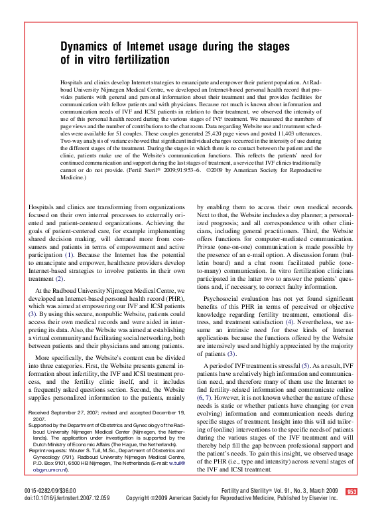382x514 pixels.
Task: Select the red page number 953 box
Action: click(x=351, y=491)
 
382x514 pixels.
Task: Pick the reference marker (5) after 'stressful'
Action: click(x=306, y=365)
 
